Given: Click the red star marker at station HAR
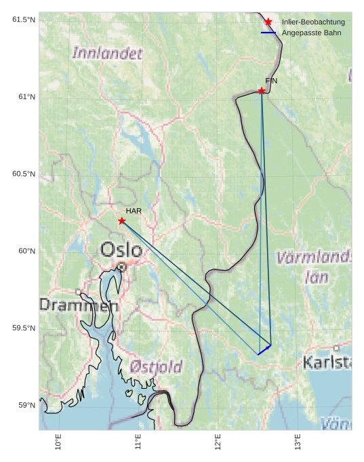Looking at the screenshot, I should tap(122, 220).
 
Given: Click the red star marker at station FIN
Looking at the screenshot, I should tap(262, 90).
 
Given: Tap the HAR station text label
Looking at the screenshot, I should tap(134, 211).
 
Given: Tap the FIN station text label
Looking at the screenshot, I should tap(271, 81).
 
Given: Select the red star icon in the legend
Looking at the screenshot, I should tap(268, 22).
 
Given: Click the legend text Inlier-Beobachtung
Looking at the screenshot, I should tap(313, 22).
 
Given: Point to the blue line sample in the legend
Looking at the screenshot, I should tap(268, 33).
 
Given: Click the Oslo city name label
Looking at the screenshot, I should tap(121, 250).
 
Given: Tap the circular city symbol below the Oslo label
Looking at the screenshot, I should tap(121, 267).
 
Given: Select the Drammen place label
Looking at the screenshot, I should tap(78, 305).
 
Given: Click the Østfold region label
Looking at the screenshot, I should tap(155, 367).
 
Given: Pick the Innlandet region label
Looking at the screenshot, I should tap(107, 53).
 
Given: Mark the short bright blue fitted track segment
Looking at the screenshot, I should tap(264, 349).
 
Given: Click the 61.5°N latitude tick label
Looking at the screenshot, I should tap(24, 20).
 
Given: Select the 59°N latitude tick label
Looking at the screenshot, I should tap(26, 406).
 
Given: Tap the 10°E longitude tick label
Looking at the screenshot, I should tap(58, 442).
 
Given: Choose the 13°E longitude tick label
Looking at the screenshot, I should tap(298, 442).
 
